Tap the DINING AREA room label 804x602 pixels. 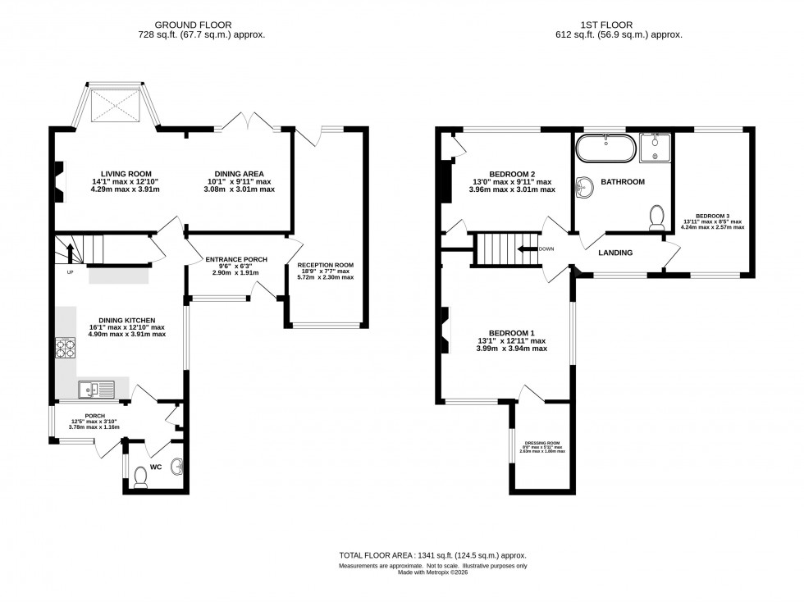click(x=239, y=174)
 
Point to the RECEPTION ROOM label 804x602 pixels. click(x=326, y=265)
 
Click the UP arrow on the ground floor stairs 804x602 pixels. click(x=71, y=253)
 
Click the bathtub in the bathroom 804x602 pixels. click(x=604, y=149)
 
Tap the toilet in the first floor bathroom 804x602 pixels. click(x=656, y=217)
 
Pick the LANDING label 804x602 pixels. click(x=615, y=253)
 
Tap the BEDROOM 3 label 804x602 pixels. click(x=714, y=215)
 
